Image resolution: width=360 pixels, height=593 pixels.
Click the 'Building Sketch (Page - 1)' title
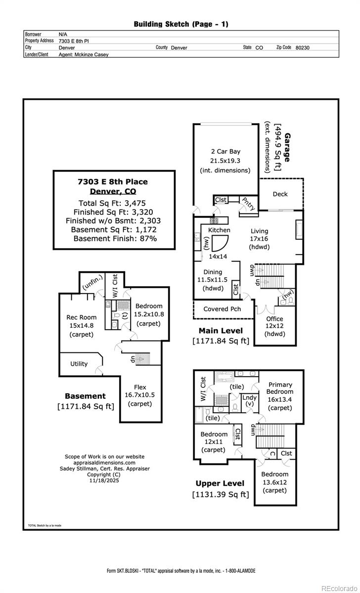181,24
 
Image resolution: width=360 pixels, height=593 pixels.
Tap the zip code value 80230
302,48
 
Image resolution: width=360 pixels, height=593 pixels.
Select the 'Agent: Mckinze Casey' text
83,55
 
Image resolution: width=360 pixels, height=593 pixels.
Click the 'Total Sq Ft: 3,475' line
112,203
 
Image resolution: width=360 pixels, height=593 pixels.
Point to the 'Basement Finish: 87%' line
115,238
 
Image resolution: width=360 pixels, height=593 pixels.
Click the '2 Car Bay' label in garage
225,152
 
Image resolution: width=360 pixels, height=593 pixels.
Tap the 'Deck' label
280,194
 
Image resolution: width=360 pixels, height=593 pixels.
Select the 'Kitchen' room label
219,230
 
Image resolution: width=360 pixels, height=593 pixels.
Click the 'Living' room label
259,231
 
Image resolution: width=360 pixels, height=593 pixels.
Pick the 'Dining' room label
213,272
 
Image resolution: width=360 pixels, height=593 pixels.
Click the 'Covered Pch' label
222,309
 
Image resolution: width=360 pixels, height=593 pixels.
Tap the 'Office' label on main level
274,319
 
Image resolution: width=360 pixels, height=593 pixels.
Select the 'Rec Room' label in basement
82,317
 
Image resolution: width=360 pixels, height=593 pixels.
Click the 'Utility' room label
79,364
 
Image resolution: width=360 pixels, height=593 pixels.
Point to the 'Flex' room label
140,387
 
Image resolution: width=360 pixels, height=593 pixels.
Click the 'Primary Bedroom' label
280,388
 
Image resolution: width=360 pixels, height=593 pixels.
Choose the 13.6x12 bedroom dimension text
274,482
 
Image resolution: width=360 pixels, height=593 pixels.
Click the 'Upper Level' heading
220,483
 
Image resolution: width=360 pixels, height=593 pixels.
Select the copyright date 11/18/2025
104,480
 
